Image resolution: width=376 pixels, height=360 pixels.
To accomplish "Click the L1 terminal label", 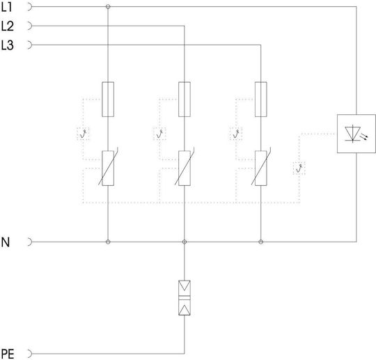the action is (x=6, y=7).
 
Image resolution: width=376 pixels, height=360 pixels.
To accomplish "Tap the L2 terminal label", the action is (x=7, y=26).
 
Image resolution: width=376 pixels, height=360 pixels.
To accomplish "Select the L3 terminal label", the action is (x=7, y=45).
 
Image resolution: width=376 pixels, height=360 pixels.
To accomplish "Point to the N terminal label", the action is (x=6, y=242).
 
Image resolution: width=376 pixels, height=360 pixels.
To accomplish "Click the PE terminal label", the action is (x=8, y=354).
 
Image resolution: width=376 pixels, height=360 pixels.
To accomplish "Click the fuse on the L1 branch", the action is (x=108, y=100).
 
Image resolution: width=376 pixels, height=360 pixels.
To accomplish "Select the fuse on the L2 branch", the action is (x=185, y=100).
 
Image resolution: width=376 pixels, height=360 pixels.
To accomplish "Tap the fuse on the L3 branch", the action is (x=261, y=100).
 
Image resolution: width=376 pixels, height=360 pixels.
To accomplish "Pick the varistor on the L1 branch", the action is (x=108, y=168).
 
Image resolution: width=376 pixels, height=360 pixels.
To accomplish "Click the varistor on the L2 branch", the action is (x=185, y=168).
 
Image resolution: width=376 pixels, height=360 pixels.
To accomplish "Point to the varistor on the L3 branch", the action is (x=261, y=168).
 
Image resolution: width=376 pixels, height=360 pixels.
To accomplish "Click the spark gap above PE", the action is (x=185, y=297).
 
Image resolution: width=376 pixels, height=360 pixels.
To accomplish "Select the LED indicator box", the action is (x=357, y=134).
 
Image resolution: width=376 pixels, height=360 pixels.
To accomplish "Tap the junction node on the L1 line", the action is (x=108, y=7).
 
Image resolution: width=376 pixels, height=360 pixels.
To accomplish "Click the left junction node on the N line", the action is (x=108, y=242).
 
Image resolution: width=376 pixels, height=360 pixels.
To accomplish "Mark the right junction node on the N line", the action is (x=261, y=242).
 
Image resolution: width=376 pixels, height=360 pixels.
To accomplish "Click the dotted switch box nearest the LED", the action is (x=299, y=169).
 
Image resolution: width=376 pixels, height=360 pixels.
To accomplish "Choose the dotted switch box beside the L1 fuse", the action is (x=83, y=134).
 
